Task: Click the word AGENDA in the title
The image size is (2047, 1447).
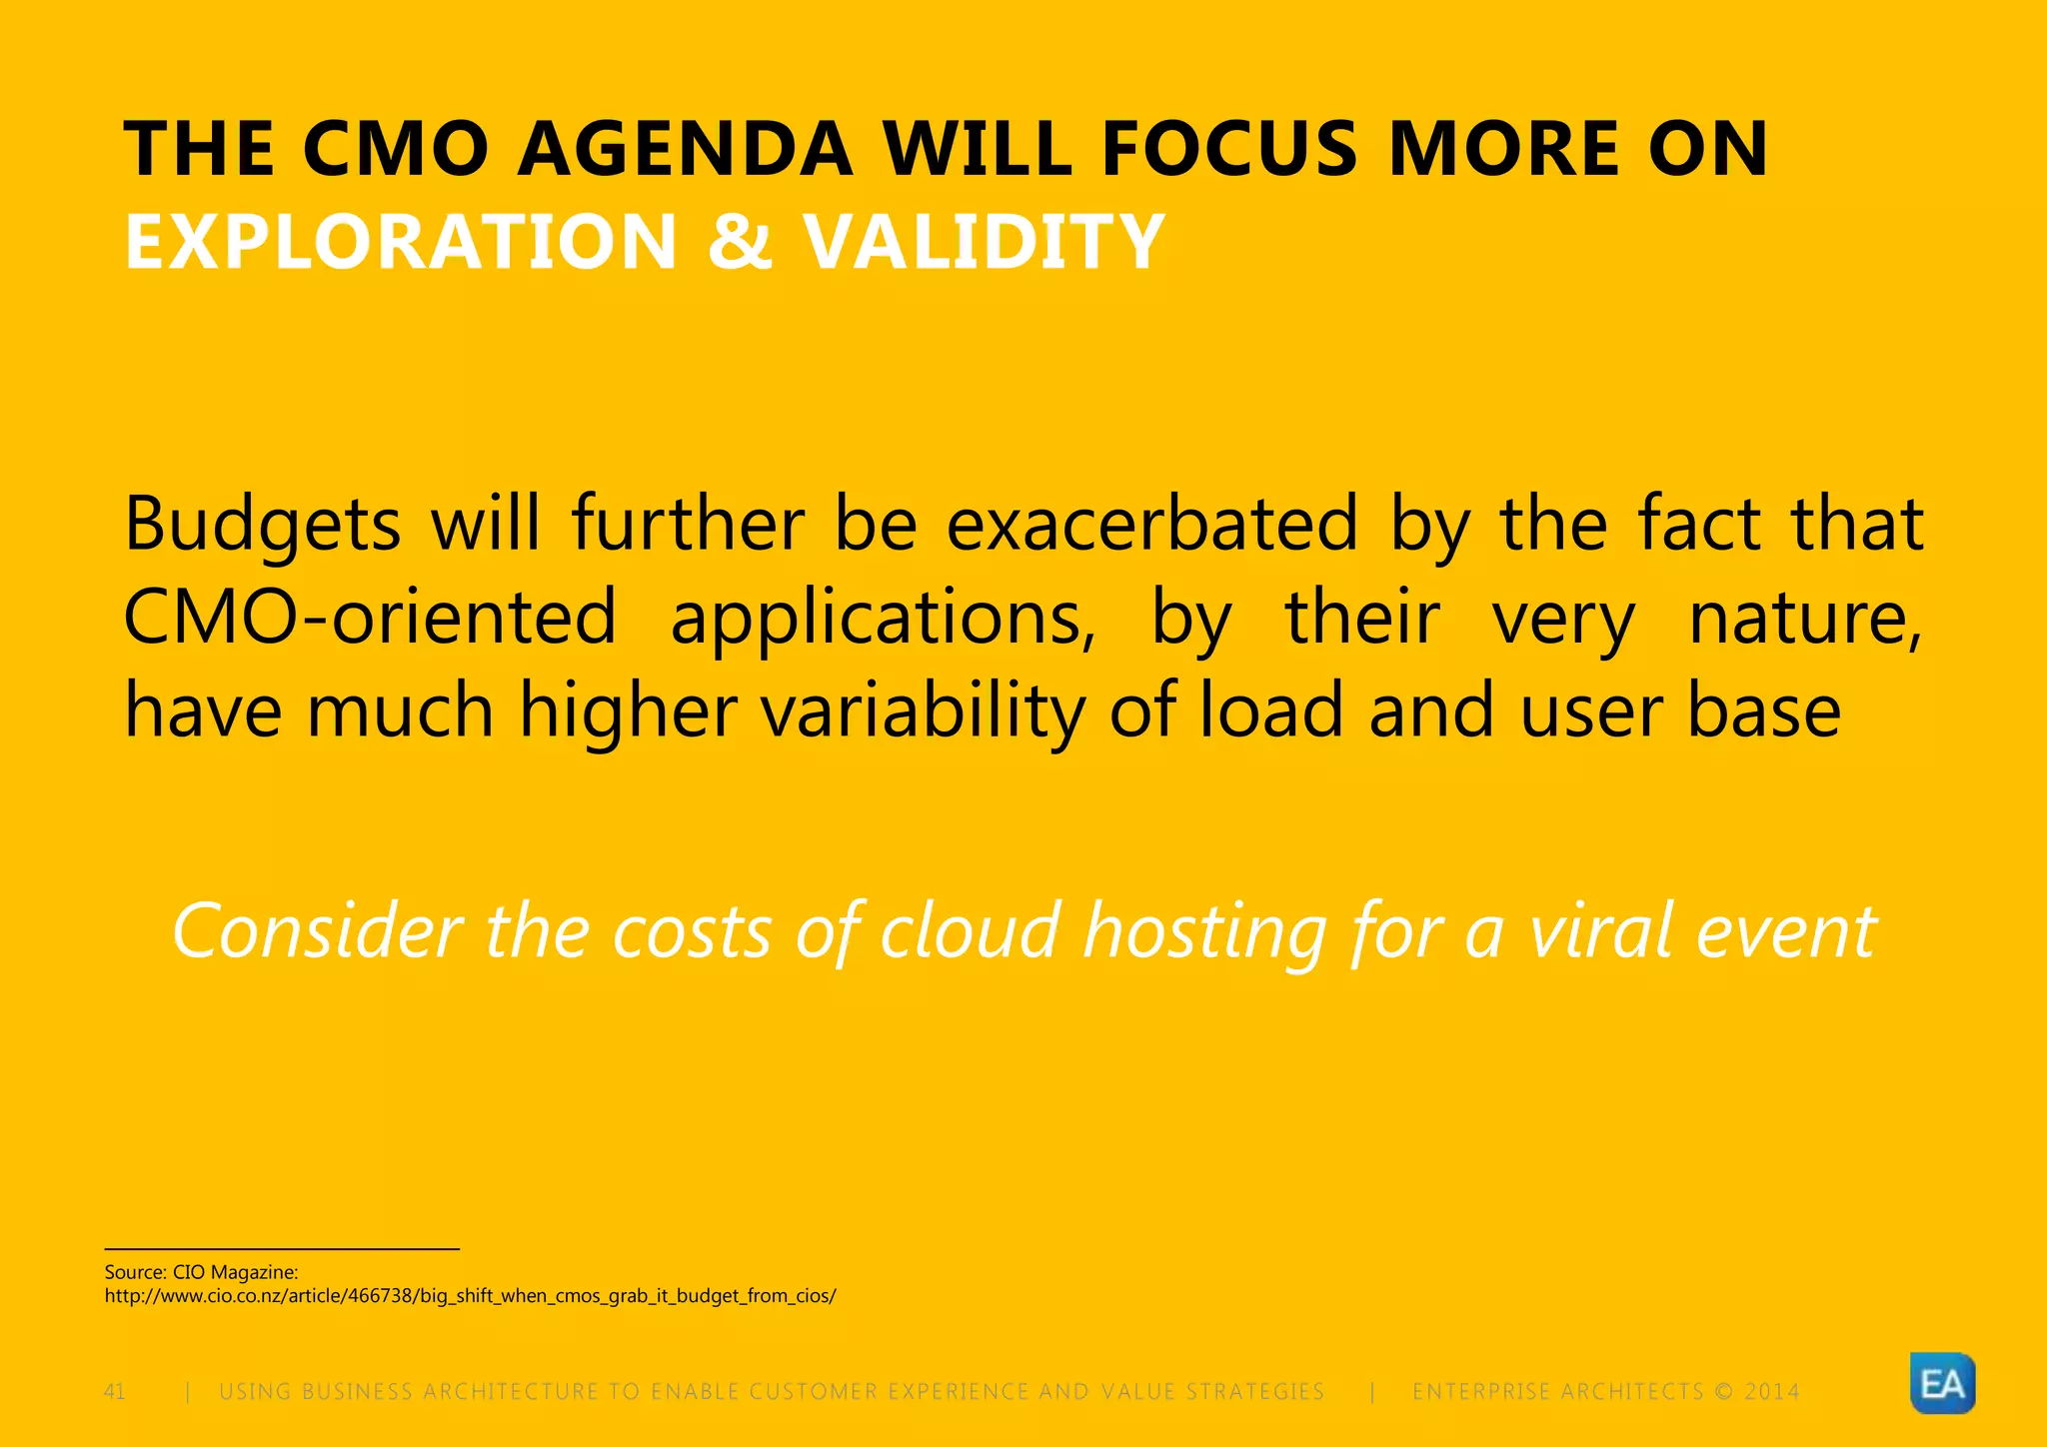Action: click(685, 150)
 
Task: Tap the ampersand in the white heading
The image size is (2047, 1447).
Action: click(740, 242)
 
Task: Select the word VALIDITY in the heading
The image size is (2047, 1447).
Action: click(985, 242)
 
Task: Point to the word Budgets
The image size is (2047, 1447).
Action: click(262, 526)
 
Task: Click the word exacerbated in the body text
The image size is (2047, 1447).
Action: click(1151, 524)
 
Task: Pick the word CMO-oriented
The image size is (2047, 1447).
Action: click(370, 618)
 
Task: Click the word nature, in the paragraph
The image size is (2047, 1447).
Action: click(1805, 618)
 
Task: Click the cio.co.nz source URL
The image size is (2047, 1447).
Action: click(470, 1296)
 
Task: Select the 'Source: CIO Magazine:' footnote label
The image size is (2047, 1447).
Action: click(201, 1272)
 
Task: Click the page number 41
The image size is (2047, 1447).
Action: click(115, 1392)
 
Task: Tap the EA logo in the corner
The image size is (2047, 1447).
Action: click(1942, 1384)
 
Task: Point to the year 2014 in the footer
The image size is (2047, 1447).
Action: click(1772, 1392)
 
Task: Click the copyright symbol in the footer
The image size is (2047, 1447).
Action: click(1723, 1392)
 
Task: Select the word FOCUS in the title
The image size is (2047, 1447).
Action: click(1230, 150)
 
